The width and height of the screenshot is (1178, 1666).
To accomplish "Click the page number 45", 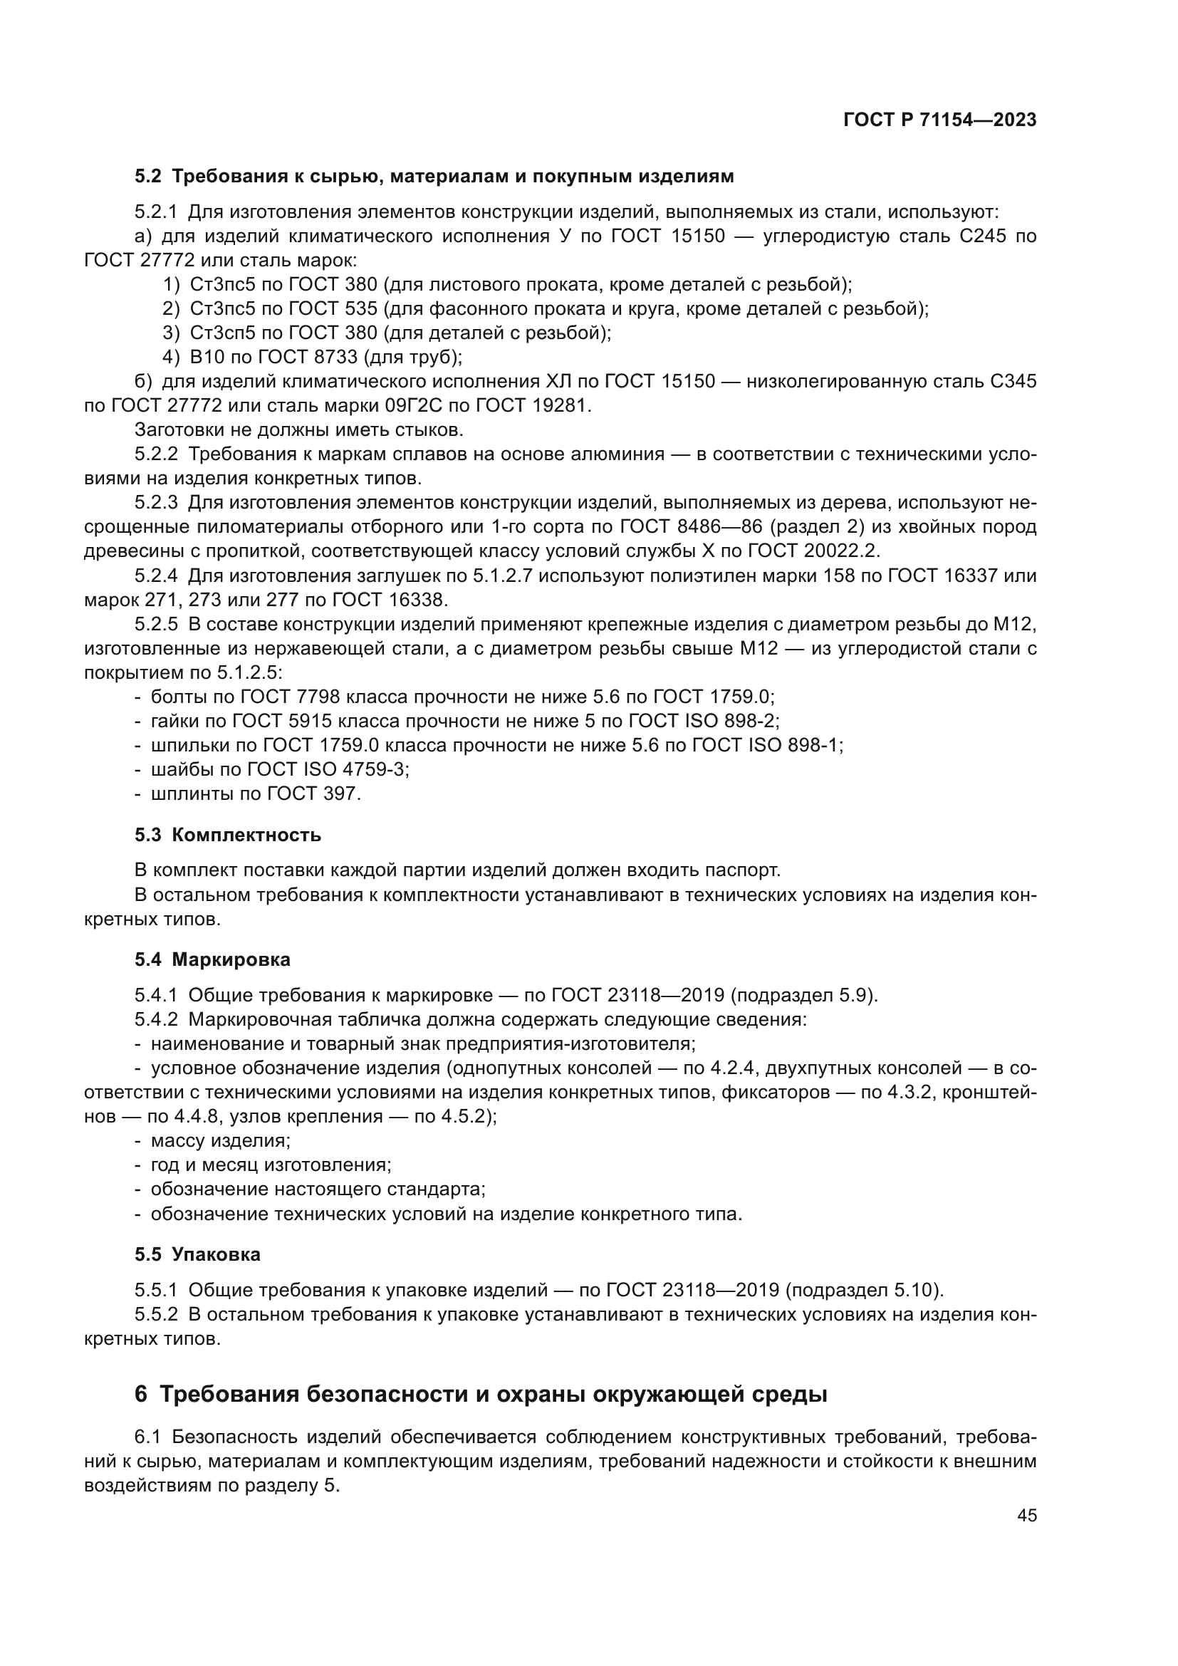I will pos(1026,1515).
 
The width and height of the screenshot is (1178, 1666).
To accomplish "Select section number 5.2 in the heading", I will pos(148,177).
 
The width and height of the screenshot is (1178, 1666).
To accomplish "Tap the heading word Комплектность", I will pos(246,835).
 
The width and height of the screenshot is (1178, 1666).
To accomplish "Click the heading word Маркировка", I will pos(231,959).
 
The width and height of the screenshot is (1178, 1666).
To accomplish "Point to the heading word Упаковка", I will pos(217,1254).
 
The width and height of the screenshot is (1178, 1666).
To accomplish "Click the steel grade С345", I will pos(1013,382).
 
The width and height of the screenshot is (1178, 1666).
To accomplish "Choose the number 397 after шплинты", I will pos(342,793).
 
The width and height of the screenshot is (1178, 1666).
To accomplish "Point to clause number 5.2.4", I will pos(156,576).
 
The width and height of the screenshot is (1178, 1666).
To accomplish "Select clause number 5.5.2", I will pos(156,1314).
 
